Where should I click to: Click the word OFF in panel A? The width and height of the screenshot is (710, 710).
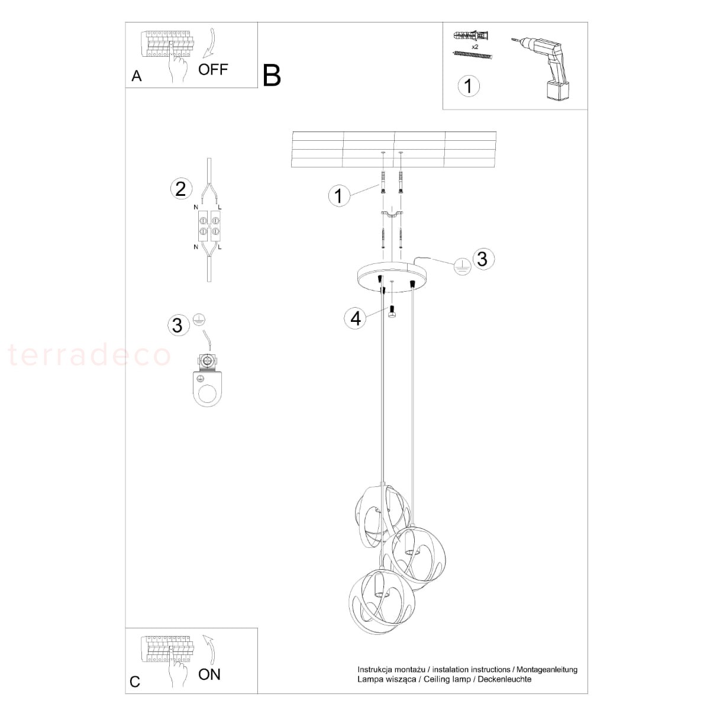coord(213,69)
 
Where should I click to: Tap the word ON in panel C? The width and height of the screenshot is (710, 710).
coord(209,674)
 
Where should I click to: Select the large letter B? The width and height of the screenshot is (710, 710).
coord(272,76)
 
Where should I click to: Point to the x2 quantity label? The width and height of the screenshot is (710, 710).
coord(475,47)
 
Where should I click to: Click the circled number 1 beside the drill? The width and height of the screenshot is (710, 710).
coord(468,86)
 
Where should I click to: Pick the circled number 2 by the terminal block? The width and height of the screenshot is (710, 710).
coord(181,189)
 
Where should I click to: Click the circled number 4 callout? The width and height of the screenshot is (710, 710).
coord(355,318)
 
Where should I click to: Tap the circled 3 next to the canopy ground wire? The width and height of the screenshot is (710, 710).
coord(483,259)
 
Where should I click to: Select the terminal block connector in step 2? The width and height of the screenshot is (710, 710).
coord(209,226)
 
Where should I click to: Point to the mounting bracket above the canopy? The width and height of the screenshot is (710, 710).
coord(392,214)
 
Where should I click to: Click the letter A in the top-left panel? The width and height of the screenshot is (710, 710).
coord(137,76)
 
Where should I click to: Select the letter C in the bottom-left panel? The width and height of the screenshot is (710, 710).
coord(135,682)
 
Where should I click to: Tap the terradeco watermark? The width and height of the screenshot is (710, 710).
coord(89,355)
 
